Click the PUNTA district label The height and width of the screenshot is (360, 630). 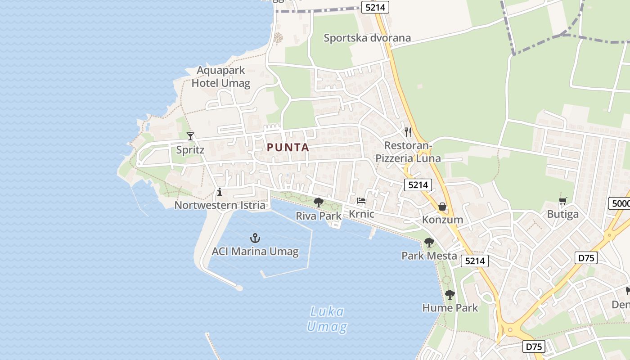click(x=288, y=147)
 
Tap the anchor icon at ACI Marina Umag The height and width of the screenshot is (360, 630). click(x=255, y=238)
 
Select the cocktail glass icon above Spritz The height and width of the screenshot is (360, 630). click(x=190, y=136)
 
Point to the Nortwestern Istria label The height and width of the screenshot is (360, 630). click(x=220, y=205)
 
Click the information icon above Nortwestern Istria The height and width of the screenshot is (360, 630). click(x=220, y=192)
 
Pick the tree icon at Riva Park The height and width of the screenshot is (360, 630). click(x=319, y=202)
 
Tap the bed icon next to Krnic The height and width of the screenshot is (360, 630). click(x=361, y=201)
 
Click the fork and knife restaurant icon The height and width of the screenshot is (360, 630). click(x=408, y=132)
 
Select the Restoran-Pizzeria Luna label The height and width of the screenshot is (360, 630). click(x=408, y=152)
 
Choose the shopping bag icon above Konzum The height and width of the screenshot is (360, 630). click(x=442, y=207)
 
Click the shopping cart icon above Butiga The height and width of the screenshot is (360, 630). click(x=562, y=201)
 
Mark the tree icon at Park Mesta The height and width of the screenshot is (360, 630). click(x=429, y=243)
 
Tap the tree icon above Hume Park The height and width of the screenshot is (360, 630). click(x=450, y=295)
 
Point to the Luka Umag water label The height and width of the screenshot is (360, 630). click(x=327, y=319)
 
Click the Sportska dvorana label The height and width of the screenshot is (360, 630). click(x=367, y=38)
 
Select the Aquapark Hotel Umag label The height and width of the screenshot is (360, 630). click(x=221, y=76)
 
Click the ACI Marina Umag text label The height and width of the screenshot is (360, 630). click(x=255, y=251)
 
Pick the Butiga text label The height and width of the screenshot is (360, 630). click(x=562, y=214)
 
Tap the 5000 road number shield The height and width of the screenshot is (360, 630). click(x=620, y=203)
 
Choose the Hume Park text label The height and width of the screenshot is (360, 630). click(x=450, y=308)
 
